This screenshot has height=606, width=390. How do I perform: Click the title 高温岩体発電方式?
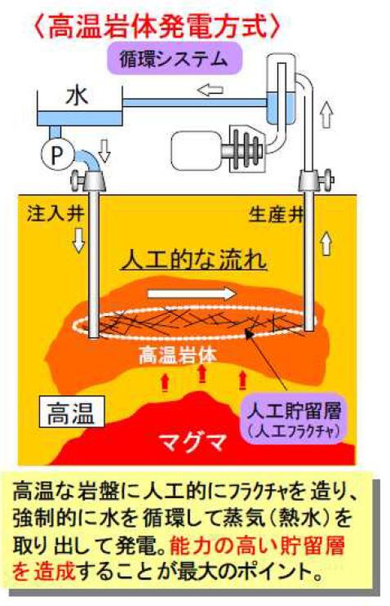tap(157, 26)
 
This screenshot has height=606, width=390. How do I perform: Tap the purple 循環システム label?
tap(174, 60)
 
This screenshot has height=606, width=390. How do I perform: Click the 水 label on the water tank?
tap(78, 96)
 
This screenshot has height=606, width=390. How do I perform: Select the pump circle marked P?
tap(57, 154)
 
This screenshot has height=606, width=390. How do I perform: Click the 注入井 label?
tap(55, 213)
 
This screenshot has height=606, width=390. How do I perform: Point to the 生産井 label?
tap(277, 215)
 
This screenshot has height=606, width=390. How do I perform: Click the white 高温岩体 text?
tap(177, 354)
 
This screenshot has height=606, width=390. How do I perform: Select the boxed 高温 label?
tap(72, 412)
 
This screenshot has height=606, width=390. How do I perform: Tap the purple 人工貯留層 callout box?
tap(294, 420)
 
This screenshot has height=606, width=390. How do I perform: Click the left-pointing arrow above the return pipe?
tap(210, 91)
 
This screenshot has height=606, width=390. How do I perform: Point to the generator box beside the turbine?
tap(196, 151)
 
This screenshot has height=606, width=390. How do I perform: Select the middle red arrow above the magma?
tap(202, 374)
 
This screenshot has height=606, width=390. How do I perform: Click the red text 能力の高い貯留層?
tap(257, 546)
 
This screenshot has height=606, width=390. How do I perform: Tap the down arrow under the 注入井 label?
tap(78, 240)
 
